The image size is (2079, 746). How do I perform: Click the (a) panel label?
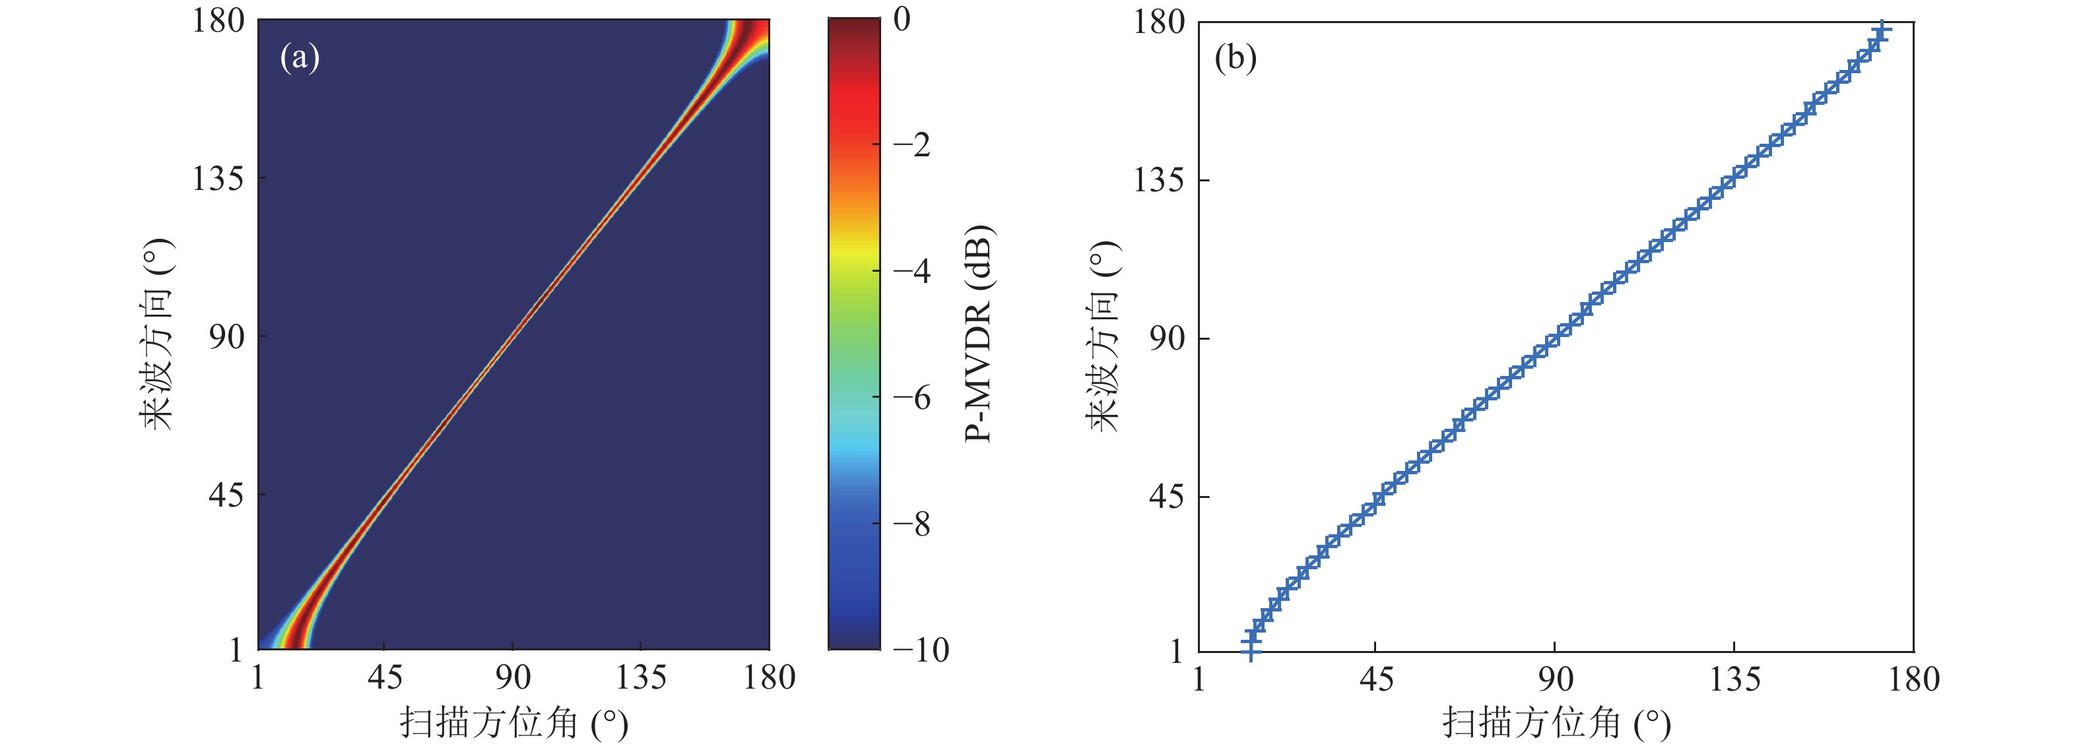[300, 58]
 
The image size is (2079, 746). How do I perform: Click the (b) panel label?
[1235, 58]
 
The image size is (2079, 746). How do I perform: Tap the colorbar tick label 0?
[902, 19]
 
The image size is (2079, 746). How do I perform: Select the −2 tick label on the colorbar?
[912, 145]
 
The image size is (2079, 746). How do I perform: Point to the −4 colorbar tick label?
[912, 271]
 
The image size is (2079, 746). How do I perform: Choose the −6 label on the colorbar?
[912, 398]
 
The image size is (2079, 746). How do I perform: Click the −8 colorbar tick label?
[912, 524]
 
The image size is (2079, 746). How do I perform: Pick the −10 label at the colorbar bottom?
[921, 650]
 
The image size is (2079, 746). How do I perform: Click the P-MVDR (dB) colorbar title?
[978, 333]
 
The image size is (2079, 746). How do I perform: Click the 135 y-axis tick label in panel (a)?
[217, 178]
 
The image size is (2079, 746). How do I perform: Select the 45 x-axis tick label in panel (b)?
[1376, 680]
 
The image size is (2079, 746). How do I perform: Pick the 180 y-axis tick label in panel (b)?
[1159, 22]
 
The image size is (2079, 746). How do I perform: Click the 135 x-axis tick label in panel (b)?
[1734, 680]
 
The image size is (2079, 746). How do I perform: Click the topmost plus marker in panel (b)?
[1881, 30]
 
